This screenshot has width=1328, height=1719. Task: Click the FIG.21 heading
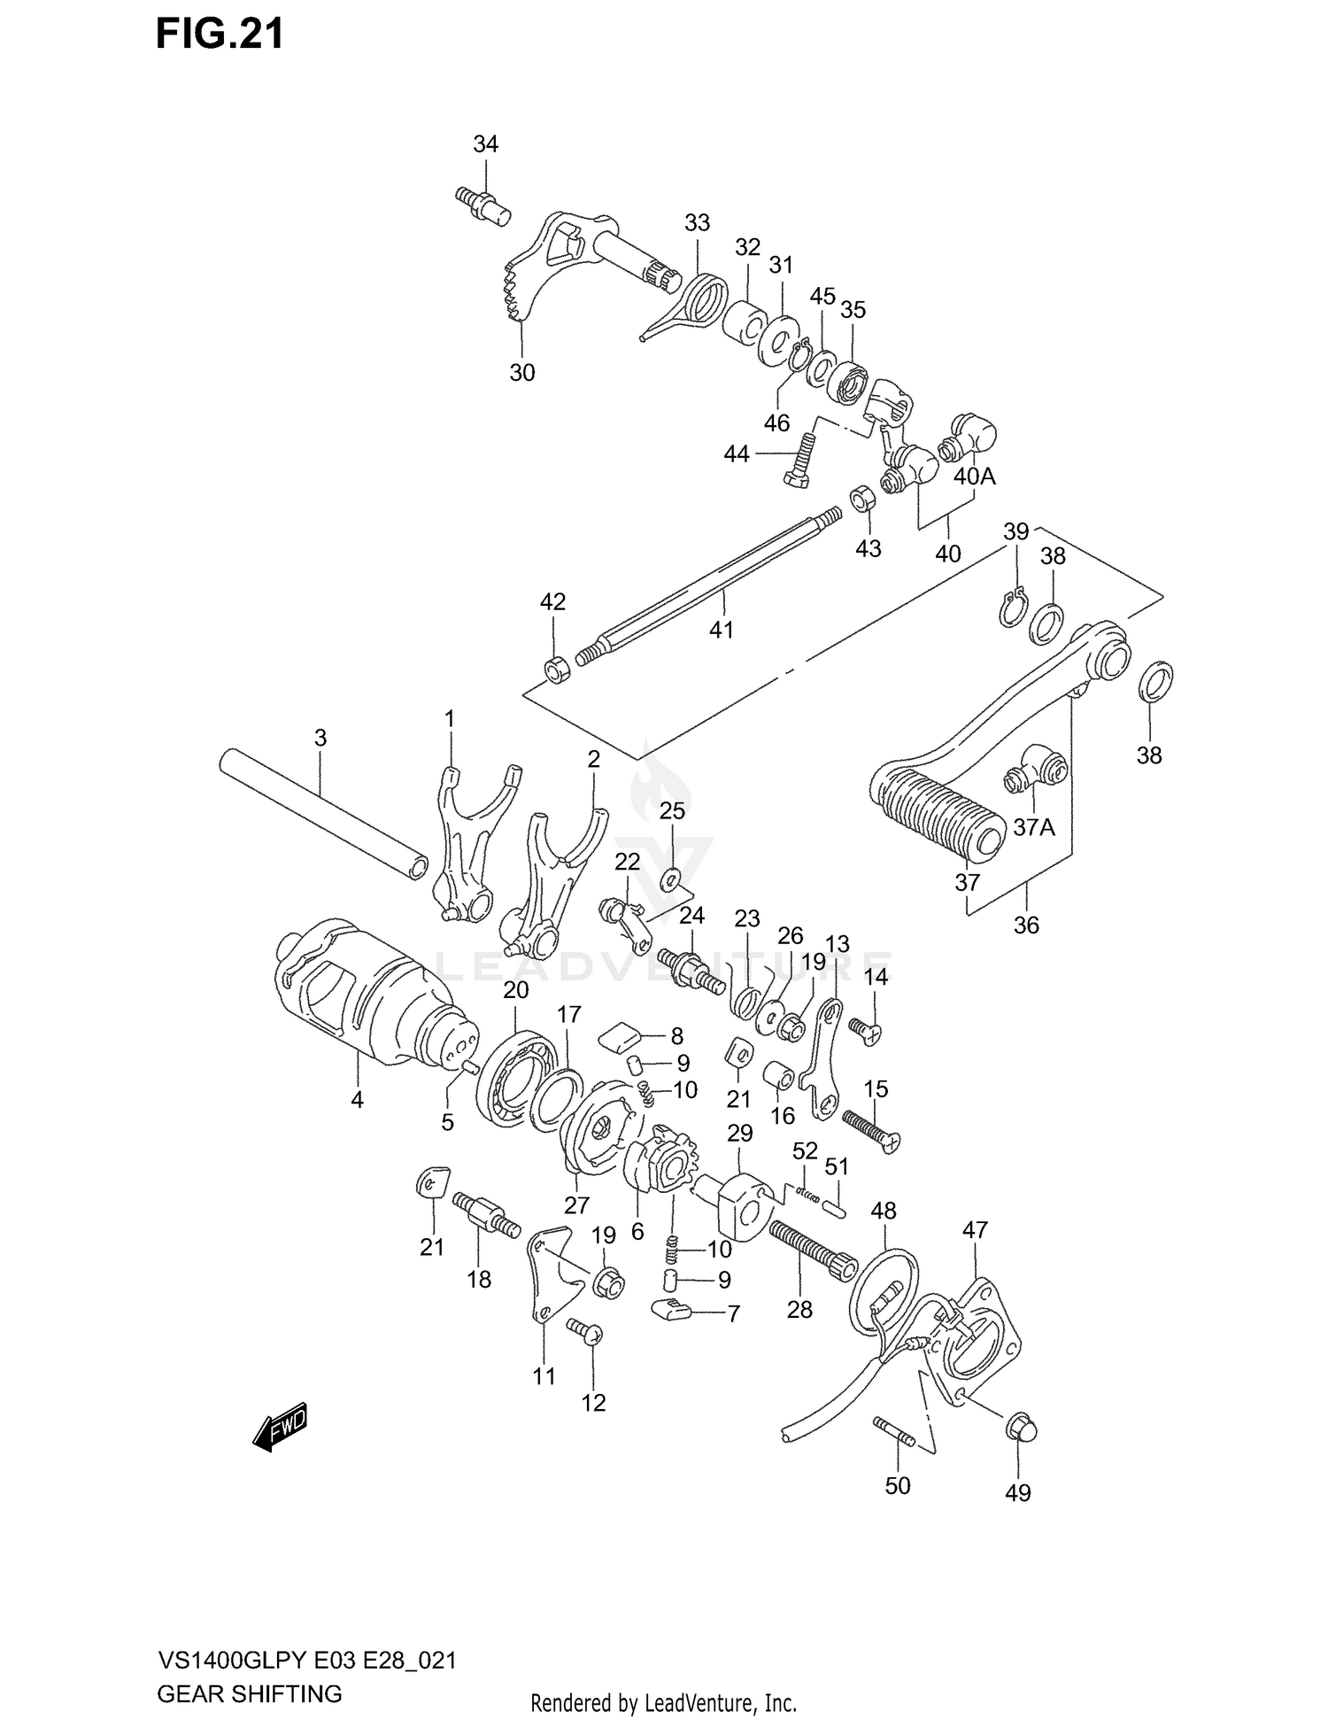[x=220, y=34]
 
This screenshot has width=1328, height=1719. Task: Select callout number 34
[x=485, y=144]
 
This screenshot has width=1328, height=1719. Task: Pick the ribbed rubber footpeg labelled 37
[x=938, y=815]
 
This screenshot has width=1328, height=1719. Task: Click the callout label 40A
[x=974, y=476]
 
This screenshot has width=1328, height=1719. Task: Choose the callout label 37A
[x=1033, y=827]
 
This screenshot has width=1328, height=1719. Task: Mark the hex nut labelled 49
[x=1022, y=1429]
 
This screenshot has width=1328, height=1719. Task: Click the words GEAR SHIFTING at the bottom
[x=249, y=1693]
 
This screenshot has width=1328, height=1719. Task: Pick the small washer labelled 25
[x=670, y=879]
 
